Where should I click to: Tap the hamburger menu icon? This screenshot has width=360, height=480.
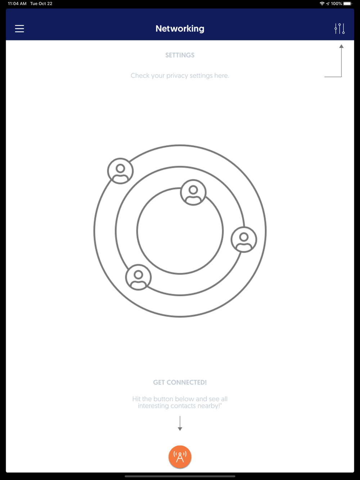pyautogui.click(x=19, y=29)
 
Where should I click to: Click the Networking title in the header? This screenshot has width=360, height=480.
pyautogui.click(x=180, y=29)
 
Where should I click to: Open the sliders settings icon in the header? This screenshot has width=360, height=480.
pyautogui.click(x=339, y=29)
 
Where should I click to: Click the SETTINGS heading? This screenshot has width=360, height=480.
pyautogui.click(x=180, y=55)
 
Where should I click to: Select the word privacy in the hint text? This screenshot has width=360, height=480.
pyautogui.click(x=177, y=76)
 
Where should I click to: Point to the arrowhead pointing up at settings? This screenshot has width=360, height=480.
pyautogui.click(x=341, y=46)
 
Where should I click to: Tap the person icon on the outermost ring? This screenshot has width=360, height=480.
pyautogui.click(x=120, y=171)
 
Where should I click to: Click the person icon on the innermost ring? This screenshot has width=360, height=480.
pyautogui.click(x=193, y=192)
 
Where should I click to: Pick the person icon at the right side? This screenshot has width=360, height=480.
pyautogui.click(x=244, y=240)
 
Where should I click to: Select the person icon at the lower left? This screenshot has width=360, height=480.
pyautogui.click(x=138, y=277)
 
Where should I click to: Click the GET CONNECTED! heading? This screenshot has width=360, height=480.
pyautogui.click(x=180, y=382)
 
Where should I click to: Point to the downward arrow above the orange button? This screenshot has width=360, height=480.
pyautogui.click(x=180, y=424)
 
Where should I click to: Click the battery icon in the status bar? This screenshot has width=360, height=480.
pyautogui.click(x=347, y=4)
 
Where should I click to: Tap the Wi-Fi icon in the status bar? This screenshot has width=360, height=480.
pyautogui.click(x=322, y=4)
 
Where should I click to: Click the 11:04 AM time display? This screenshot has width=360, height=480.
pyautogui.click(x=17, y=4)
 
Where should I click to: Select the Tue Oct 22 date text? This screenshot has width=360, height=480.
pyautogui.click(x=41, y=4)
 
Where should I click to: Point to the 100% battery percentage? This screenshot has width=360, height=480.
pyautogui.click(x=336, y=4)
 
